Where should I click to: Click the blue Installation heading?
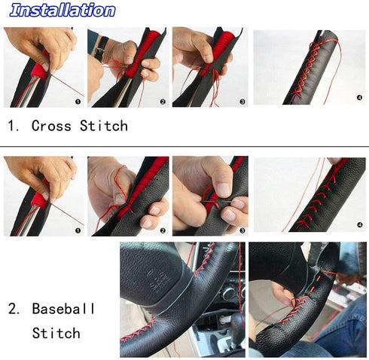click(63, 11)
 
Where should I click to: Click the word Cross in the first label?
click(52, 126)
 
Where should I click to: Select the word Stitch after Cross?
click(103, 126)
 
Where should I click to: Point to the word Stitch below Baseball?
click(56, 332)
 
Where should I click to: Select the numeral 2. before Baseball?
click(14, 309)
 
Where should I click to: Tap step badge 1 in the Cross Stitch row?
click(77, 99)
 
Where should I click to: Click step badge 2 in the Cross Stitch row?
click(162, 101)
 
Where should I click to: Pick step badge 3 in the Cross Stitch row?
click(242, 101)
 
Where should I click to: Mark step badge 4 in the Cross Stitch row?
click(358, 97)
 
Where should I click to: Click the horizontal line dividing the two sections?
click(184, 145)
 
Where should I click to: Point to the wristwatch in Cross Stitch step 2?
click(101, 47)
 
